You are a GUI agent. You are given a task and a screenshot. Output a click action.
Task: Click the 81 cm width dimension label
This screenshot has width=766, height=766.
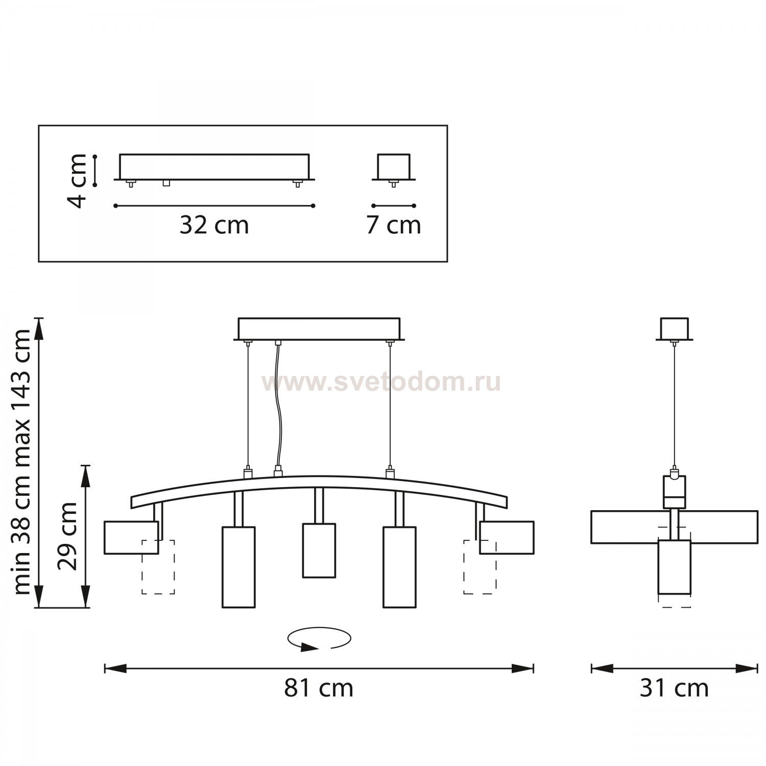coord(319,688)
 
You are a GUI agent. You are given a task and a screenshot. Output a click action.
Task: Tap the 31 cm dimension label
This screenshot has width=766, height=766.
coord(674,688)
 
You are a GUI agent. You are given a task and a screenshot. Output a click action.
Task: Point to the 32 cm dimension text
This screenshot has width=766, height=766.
coord(214,225)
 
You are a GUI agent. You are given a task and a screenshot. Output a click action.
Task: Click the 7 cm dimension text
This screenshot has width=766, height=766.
coord(393,225)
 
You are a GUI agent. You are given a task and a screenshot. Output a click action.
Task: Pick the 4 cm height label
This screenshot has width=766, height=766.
coord(78,180)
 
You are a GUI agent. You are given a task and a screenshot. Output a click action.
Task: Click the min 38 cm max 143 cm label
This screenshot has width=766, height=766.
coord(22,462)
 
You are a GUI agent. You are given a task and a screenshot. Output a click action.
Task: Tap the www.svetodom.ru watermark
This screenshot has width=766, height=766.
coord(381,382)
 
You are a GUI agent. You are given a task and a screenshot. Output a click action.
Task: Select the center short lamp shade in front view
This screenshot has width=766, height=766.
coord(319,550)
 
